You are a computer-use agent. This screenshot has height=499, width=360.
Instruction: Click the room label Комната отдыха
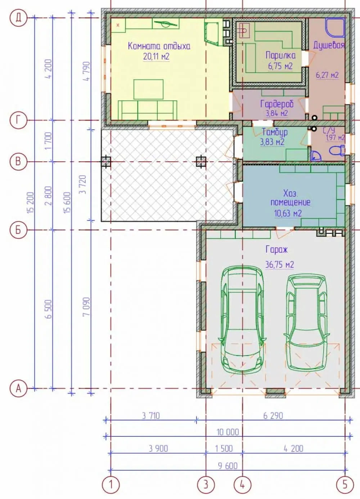[x=159, y=46]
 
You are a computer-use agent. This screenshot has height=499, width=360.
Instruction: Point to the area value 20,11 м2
[x=156, y=57]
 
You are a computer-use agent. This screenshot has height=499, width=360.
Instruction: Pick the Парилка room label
[x=281, y=55]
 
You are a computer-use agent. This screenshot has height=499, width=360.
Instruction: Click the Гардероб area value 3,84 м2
[x=277, y=113]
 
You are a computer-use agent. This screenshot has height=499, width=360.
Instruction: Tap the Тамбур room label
[x=275, y=132]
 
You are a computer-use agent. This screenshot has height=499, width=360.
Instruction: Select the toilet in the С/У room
[x=337, y=150]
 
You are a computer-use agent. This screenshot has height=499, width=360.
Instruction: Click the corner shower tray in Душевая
[x=335, y=27]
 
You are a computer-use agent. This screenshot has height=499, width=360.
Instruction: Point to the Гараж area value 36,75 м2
[x=279, y=264]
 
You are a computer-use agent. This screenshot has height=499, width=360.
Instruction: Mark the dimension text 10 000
[x=228, y=432]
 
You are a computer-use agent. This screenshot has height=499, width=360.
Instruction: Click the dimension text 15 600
[x=67, y=203]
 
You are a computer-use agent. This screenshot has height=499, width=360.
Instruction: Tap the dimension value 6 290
[x=273, y=416]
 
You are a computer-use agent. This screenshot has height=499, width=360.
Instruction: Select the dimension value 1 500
[x=224, y=449]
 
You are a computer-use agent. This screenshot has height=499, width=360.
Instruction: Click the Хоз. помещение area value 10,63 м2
[x=288, y=213]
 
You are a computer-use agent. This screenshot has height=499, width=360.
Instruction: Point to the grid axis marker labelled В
[x=18, y=162]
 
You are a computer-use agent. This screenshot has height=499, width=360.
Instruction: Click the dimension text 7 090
[x=86, y=306]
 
